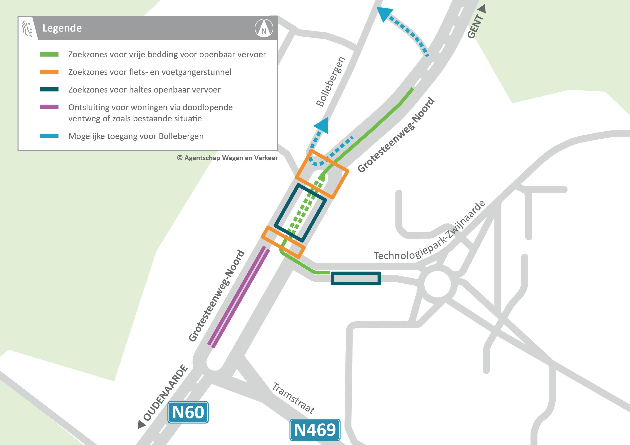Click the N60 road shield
(188, 412)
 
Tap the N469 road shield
(315, 430)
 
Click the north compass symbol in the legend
(264, 28)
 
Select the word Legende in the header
(62, 28)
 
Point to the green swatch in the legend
(49, 55)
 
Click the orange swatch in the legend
(49, 72)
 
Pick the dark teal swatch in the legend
(49, 89)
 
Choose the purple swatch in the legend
(49, 107)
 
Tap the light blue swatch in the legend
(49, 136)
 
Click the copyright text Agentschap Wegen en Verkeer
(227, 158)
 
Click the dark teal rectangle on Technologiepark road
(356, 278)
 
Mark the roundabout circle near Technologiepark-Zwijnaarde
(437, 284)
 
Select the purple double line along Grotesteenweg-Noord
(238, 297)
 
